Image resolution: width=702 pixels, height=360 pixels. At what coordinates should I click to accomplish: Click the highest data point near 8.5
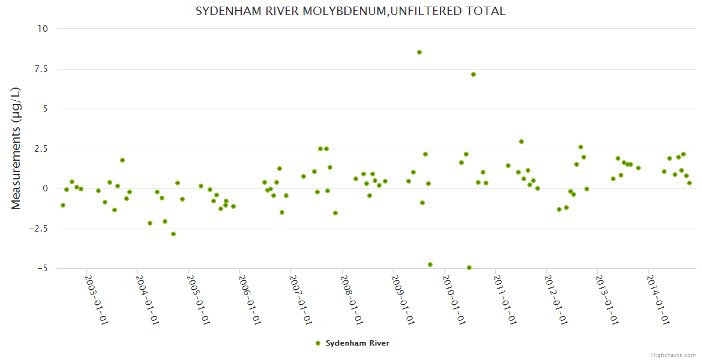(419, 52)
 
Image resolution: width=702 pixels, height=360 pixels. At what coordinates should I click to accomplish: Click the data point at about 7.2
(473, 74)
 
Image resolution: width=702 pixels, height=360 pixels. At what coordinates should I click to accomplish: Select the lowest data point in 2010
(469, 268)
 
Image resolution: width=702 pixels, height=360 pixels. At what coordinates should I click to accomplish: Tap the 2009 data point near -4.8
(430, 265)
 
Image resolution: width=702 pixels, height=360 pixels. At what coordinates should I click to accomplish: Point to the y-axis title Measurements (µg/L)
(16, 148)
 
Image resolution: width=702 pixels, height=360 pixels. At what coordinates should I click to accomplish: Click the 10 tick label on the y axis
(43, 28)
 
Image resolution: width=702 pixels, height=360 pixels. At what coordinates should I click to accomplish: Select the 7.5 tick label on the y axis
(40, 69)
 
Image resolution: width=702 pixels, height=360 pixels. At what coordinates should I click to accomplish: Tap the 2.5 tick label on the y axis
(40, 149)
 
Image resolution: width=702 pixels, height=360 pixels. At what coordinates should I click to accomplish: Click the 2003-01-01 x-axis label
(96, 299)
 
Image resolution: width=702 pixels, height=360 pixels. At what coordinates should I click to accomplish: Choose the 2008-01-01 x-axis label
(352, 299)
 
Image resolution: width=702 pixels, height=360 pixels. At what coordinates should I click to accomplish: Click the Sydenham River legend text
(358, 343)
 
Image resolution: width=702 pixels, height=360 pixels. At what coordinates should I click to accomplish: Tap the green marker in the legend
(318, 343)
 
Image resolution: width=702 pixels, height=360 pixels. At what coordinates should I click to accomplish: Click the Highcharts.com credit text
(673, 355)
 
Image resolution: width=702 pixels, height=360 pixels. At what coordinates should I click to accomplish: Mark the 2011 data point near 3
(521, 142)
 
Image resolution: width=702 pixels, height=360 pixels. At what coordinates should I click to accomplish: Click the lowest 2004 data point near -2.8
(173, 234)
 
